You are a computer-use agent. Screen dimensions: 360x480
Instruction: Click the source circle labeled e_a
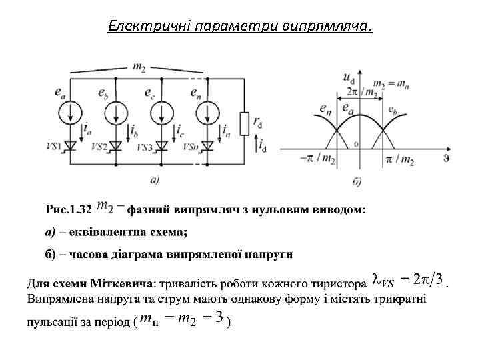69,112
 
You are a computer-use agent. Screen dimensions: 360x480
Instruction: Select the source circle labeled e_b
117,112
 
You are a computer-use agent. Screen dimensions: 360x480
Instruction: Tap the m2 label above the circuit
139,66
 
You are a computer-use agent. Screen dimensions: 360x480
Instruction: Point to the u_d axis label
348,77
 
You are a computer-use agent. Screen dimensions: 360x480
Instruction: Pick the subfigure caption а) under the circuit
155,178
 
